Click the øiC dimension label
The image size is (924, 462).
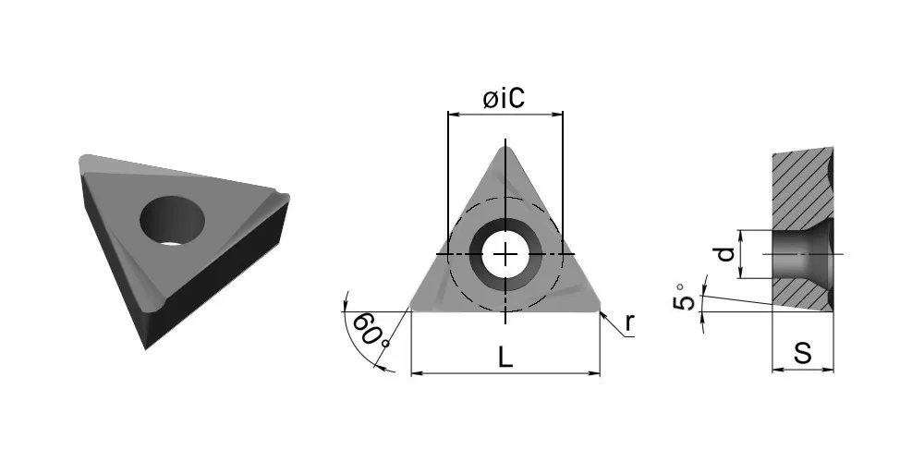(504, 99)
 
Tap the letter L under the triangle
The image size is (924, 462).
(505, 357)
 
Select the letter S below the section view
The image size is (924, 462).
(803, 354)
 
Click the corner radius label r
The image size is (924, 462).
(630, 323)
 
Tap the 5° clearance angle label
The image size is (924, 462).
(684, 298)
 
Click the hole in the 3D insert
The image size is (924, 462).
(172, 221)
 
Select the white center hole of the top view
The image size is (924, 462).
(505, 255)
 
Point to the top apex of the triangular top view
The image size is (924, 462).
(505, 147)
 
